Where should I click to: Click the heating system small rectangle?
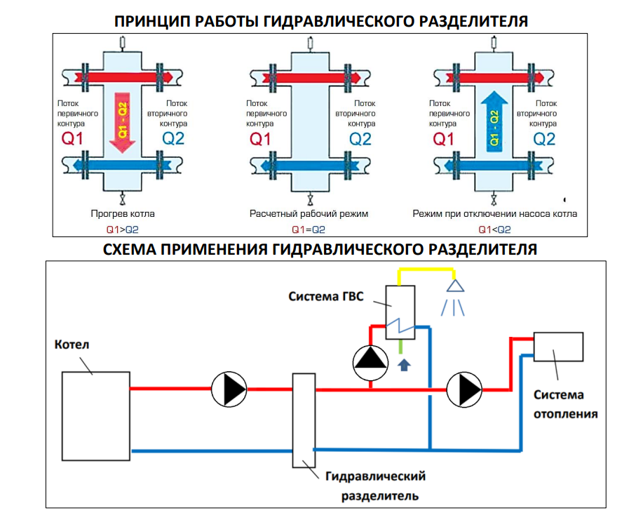click(x=558, y=346)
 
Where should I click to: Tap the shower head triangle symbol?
click(x=456, y=285)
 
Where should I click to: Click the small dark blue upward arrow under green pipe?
click(x=403, y=365)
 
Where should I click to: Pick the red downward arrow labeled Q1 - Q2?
click(x=122, y=124)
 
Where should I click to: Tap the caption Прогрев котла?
click(x=123, y=213)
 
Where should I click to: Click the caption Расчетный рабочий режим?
click(x=309, y=213)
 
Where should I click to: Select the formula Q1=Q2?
click(x=309, y=229)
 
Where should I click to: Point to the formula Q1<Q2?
click(x=494, y=229)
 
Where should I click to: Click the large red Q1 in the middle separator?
click(x=261, y=139)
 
